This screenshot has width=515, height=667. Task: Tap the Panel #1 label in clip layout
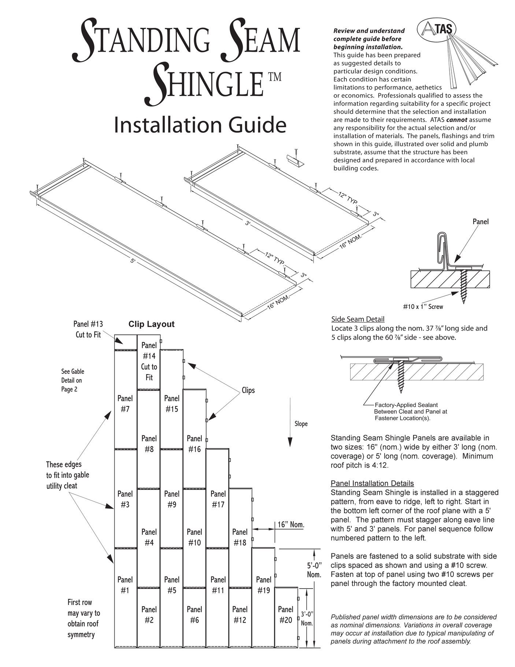pyautogui.click(x=125, y=585)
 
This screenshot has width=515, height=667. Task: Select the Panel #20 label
pyautogui.click(x=285, y=614)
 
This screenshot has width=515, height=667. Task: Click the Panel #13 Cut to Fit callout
pyautogui.click(x=88, y=329)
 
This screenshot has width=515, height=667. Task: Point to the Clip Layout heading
pyautogui.click(x=151, y=324)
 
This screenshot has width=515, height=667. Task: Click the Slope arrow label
pyautogui.click(x=301, y=424)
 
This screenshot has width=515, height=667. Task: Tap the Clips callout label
pyautogui.click(x=248, y=390)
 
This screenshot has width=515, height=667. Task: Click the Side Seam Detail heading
pyautogui.click(x=357, y=319)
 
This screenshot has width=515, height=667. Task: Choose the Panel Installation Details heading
pyautogui.click(x=372, y=483)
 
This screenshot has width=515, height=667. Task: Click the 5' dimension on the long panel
pyautogui.click(x=133, y=261)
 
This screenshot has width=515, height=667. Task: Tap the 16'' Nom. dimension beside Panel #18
pyautogui.click(x=290, y=524)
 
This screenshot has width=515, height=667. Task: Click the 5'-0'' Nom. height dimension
pyautogui.click(x=314, y=570)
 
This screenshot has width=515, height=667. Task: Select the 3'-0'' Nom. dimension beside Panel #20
pyautogui.click(x=307, y=618)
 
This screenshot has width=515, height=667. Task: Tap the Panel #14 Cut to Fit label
pyautogui.click(x=149, y=361)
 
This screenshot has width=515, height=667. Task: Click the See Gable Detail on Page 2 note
pyautogui.click(x=72, y=380)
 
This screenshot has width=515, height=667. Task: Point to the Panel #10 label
pyautogui.click(x=194, y=537)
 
